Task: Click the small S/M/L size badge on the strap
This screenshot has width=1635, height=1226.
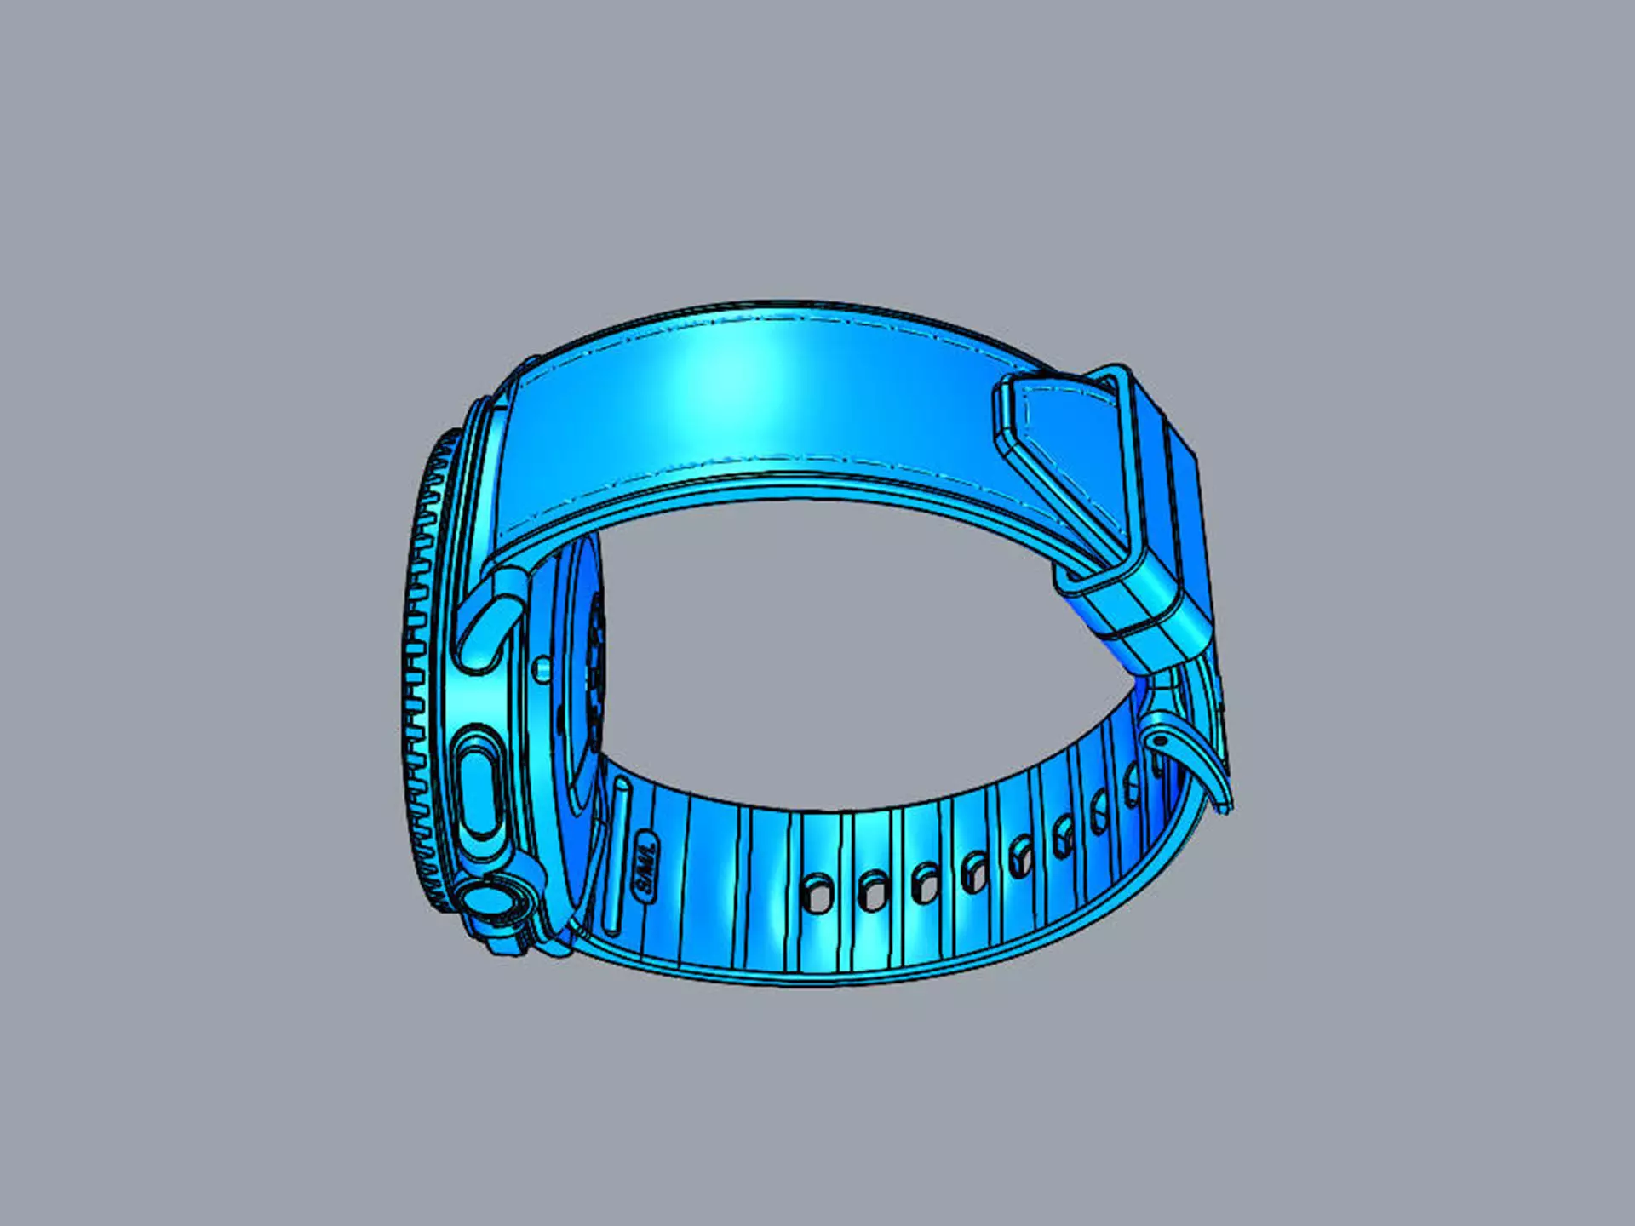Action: (x=646, y=868)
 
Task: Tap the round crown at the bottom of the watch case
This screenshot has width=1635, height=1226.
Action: (x=488, y=902)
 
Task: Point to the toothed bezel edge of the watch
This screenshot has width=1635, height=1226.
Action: (x=417, y=681)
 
